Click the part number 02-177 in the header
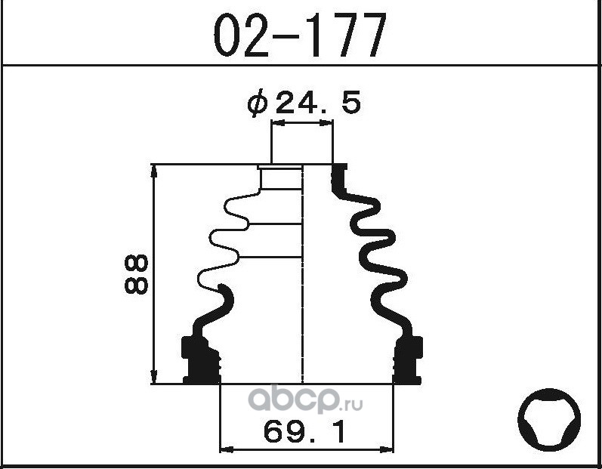point(299,35)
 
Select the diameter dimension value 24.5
point(318,104)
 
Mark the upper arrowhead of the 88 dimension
point(155,171)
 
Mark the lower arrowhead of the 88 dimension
point(155,377)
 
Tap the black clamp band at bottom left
point(199,359)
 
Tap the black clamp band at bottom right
point(408,359)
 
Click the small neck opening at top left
point(280,179)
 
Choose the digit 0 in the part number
point(227,35)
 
